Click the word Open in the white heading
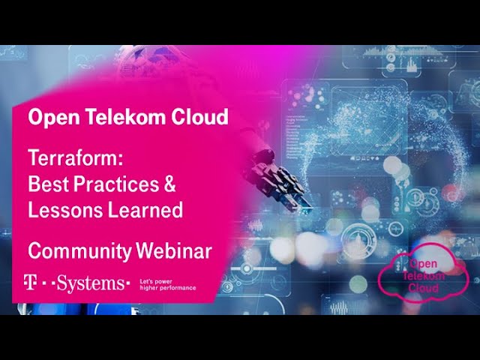coord(49,118)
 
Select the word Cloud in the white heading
coord(196,118)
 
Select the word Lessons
coord(62,210)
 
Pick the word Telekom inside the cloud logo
coord(425,275)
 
